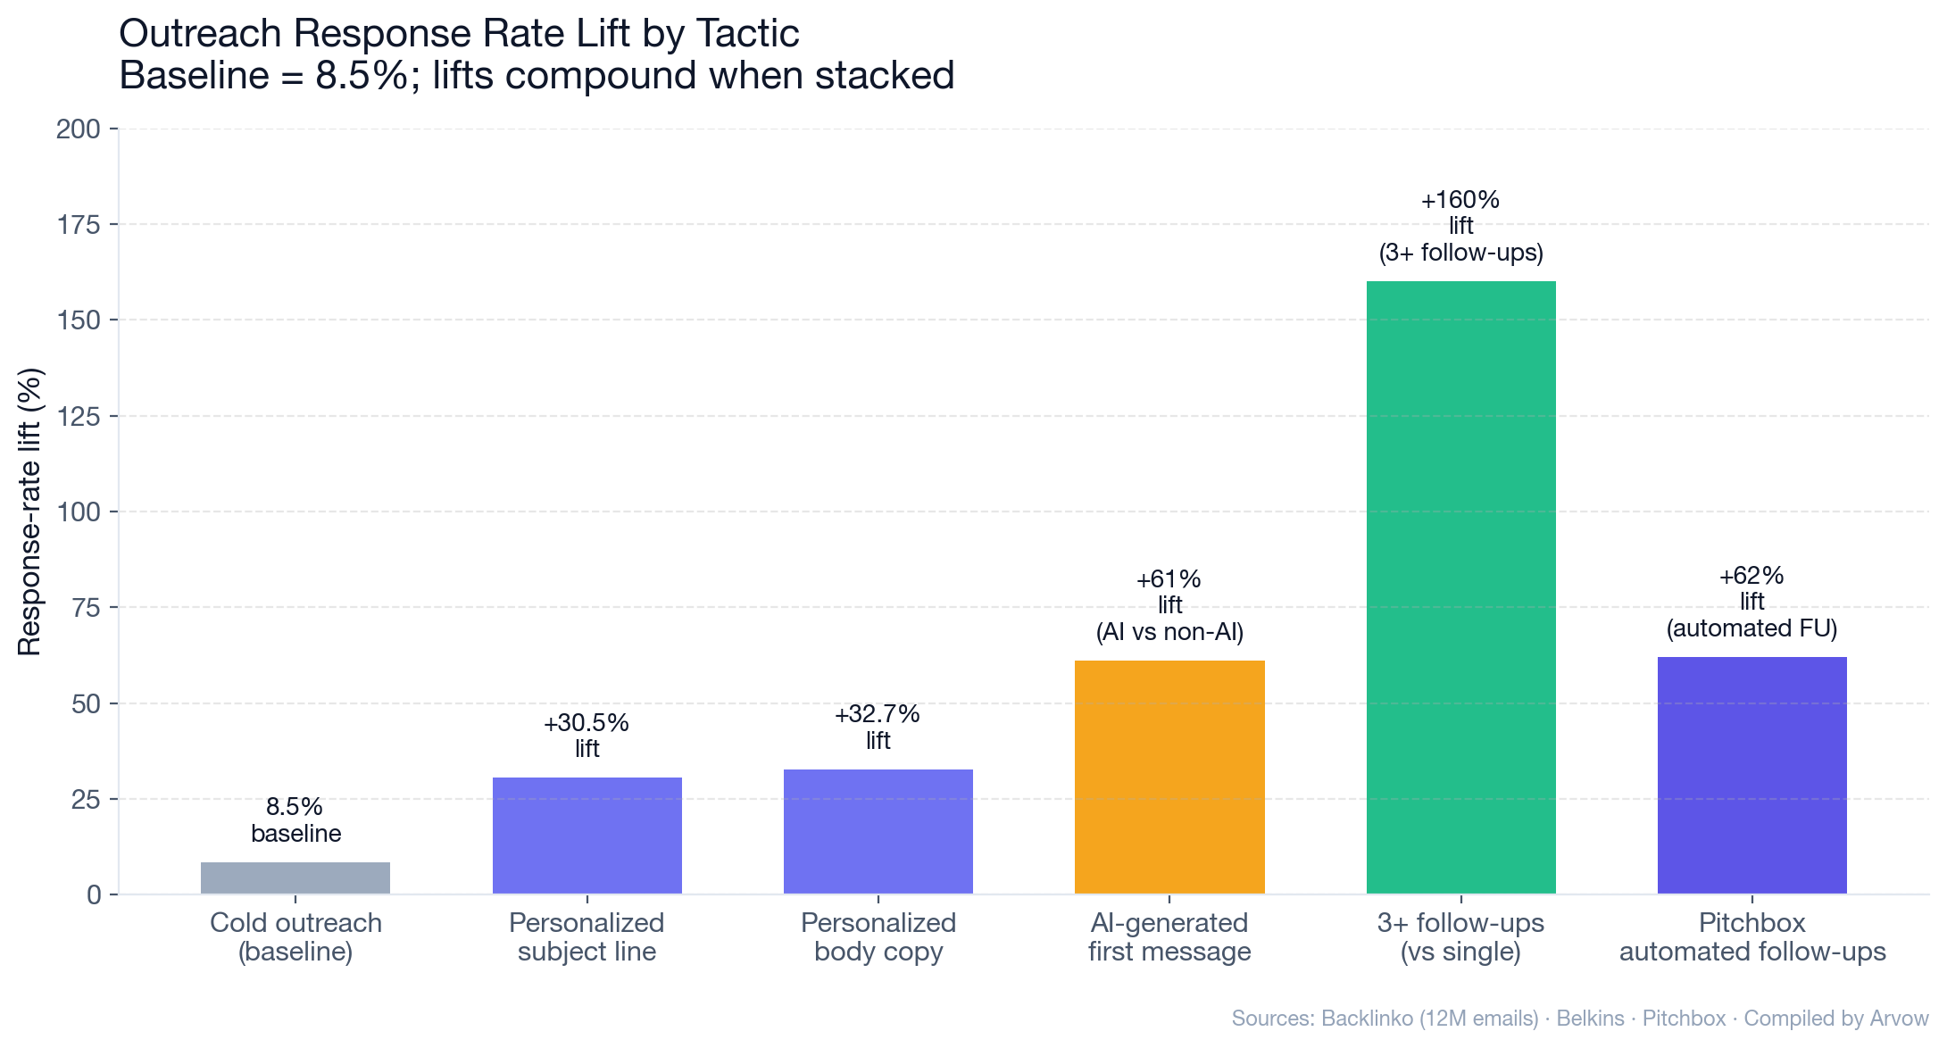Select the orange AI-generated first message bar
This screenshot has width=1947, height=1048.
click(1169, 777)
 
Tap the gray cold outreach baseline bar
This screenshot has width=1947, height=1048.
click(295, 878)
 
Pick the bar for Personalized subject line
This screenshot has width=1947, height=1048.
click(587, 836)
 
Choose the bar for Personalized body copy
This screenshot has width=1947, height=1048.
click(878, 831)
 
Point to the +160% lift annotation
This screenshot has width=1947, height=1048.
click(1460, 226)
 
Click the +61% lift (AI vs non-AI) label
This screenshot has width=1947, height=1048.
click(1169, 606)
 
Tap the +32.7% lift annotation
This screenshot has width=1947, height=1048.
click(878, 727)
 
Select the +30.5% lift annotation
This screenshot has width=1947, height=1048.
click(587, 736)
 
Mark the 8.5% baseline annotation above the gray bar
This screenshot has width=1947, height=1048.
click(295, 819)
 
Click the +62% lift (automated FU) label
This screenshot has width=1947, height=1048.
click(1751, 602)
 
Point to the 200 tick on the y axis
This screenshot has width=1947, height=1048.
click(79, 129)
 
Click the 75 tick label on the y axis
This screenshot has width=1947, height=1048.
click(86, 608)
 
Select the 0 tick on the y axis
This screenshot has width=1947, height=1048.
click(94, 894)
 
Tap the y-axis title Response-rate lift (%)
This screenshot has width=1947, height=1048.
click(29, 512)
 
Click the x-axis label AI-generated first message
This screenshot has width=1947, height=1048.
click(1169, 937)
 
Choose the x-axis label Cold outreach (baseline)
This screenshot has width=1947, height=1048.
click(295, 937)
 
